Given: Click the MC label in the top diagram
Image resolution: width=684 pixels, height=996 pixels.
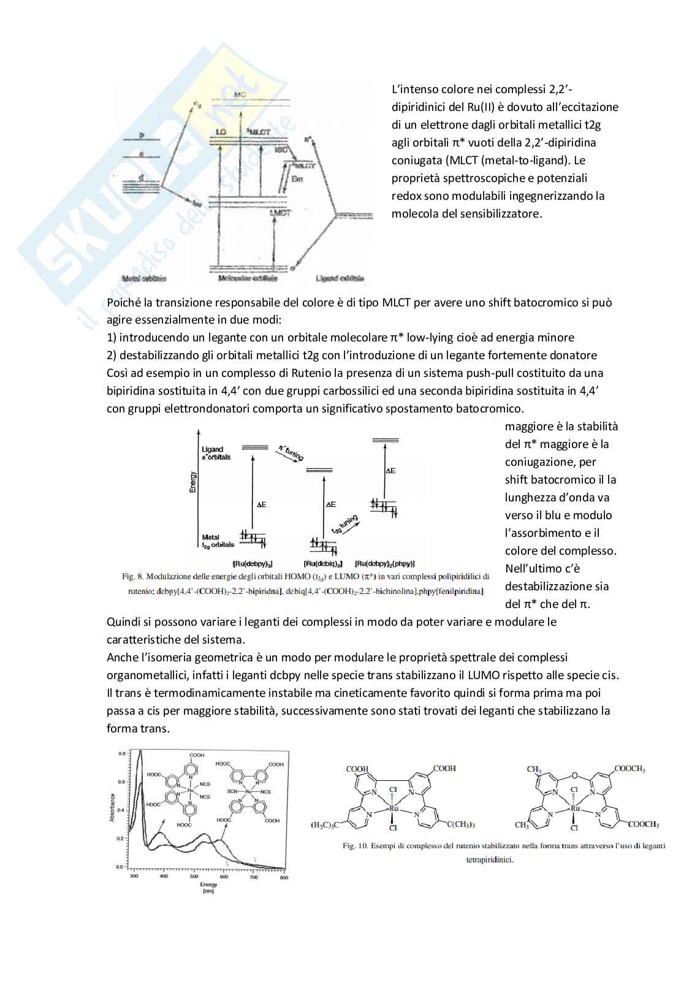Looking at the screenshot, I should [x=240, y=94].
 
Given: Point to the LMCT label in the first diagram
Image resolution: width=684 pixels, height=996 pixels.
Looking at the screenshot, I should [x=281, y=213].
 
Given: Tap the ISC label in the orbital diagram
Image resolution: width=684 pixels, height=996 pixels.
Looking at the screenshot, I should [x=281, y=149].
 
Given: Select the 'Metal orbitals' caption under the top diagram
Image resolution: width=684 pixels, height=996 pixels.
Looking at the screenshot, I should [x=145, y=278].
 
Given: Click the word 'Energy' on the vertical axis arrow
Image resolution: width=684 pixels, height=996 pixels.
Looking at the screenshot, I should [x=194, y=482].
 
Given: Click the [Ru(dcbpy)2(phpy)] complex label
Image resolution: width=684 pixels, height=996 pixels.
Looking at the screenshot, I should [x=385, y=563].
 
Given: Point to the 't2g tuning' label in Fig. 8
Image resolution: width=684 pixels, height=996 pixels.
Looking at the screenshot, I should [x=344, y=525].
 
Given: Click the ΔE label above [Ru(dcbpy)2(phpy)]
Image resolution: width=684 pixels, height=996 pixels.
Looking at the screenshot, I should [x=390, y=471].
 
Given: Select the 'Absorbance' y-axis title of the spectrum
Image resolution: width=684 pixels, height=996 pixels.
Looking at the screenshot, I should [x=112, y=808].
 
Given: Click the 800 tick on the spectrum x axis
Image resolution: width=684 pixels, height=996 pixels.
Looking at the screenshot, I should [x=284, y=877].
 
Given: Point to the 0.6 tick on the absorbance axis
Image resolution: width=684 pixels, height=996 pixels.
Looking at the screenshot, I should [x=121, y=782].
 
